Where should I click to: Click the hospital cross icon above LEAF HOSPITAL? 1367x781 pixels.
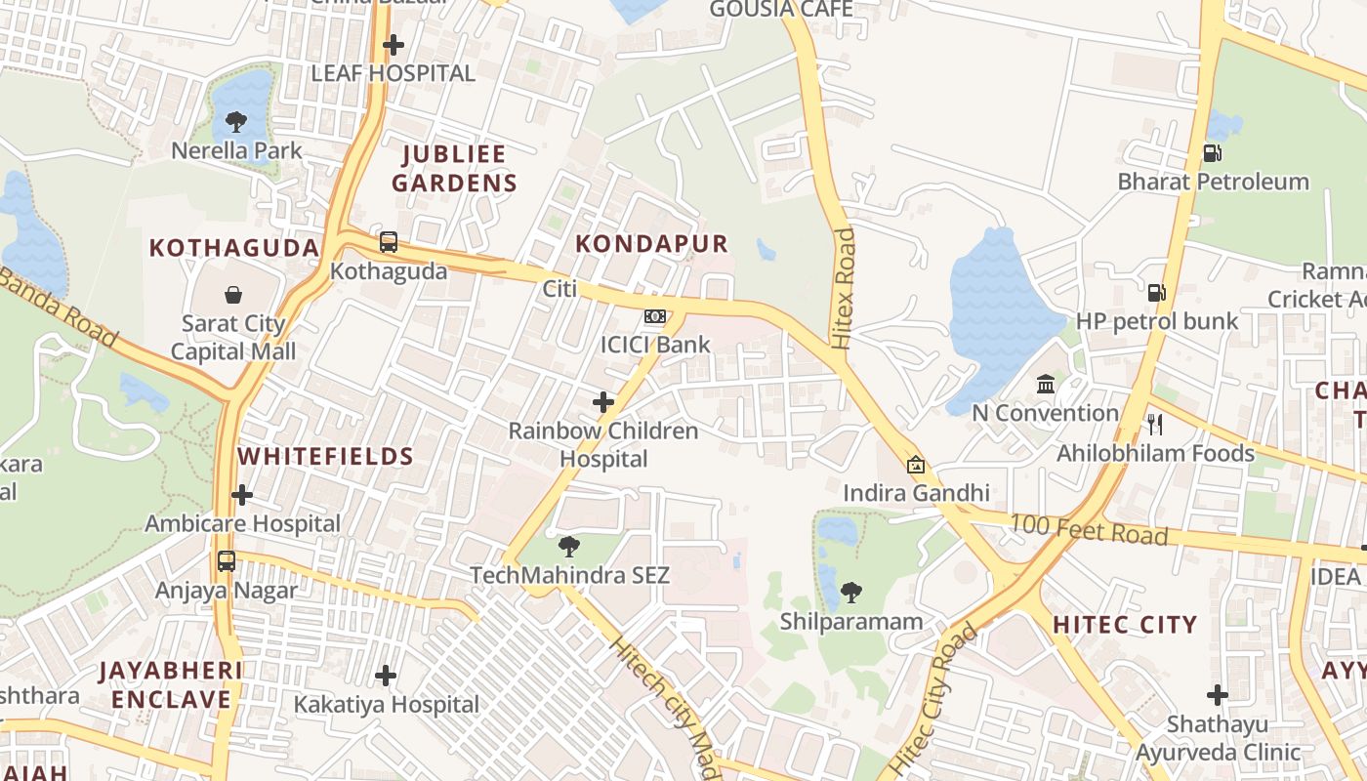tap(394, 45)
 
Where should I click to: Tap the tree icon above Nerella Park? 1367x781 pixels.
tap(235, 122)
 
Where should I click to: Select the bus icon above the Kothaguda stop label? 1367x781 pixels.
tap(389, 241)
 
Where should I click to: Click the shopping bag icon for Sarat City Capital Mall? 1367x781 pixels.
tap(233, 295)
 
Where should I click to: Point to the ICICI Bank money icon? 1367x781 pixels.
tap(655, 316)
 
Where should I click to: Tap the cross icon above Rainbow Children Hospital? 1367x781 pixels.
tap(603, 401)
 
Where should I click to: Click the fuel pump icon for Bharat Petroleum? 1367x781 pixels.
tap(1212, 152)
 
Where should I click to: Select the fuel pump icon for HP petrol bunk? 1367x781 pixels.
tap(1156, 292)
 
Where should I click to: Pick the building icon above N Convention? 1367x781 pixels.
tap(1046, 384)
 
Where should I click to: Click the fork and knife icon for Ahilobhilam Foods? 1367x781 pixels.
tap(1155, 424)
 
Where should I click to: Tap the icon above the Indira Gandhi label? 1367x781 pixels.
tap(916, 465)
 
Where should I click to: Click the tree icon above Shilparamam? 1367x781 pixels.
tap(850, 592)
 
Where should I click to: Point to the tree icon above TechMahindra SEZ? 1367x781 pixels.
tap(569, 547)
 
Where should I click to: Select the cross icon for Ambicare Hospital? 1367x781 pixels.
tap(242, 495)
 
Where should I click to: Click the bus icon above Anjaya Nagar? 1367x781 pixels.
tap(227, 561)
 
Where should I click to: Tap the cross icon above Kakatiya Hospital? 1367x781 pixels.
tap(387, 675)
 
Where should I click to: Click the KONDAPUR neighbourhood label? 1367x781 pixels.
tap(652, 244)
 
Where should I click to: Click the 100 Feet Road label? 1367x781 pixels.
tap(1088, 530)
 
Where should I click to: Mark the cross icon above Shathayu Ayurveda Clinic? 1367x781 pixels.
tap(1217, 695)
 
